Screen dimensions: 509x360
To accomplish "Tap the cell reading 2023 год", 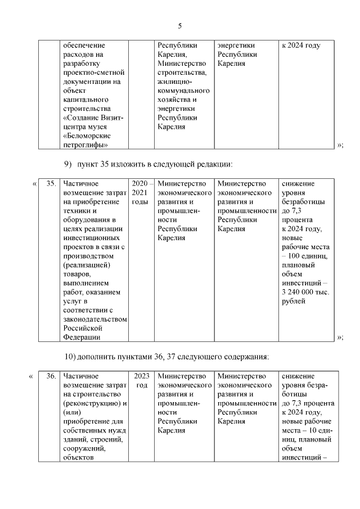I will click(x=142, y=381).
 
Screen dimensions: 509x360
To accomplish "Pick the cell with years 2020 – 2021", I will click(x=142, y=192).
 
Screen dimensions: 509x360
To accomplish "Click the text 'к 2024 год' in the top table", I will click(x=301, y=46).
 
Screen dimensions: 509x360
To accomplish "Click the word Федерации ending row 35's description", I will click(x=82, y=337).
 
